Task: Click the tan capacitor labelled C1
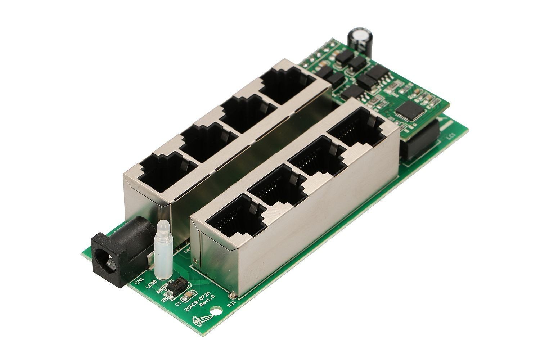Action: tap(189, 296)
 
